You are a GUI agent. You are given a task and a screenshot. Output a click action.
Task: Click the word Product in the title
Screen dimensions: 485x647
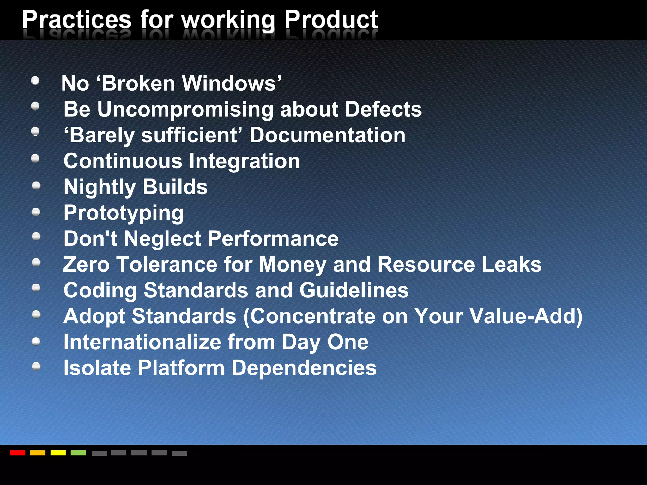pyautogui.click(x=331, y=20)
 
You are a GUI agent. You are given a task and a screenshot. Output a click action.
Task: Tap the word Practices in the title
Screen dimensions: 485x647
pyautogui.click(x=77, y=20)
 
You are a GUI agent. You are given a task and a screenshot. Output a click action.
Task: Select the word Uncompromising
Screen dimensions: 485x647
pyautogui.click(x=185, y=109)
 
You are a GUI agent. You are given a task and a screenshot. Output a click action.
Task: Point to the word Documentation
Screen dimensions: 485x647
pyautogui.click(x=327, y=135)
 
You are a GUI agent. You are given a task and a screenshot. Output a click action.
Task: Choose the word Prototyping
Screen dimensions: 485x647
pyautogui.click(x=124, y=213)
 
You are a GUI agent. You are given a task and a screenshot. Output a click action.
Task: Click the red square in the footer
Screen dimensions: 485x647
pyautogui.click(x=18, y=453)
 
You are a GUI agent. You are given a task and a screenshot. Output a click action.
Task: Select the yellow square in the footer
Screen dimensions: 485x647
pyautogui.click(x=58, y=453)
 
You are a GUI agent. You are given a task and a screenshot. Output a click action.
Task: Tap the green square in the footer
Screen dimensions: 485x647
pyautogui.click(x=78, y=453)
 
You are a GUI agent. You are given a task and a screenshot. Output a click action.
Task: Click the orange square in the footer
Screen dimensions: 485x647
pyautogui.click(x=38, y=453)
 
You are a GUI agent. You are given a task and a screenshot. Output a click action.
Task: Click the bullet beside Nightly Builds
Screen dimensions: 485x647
pyautogui.click(x=36, y=185)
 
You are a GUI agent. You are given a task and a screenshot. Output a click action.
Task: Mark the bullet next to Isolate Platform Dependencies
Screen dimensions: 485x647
pyautogui.click(x=36, y=366)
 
